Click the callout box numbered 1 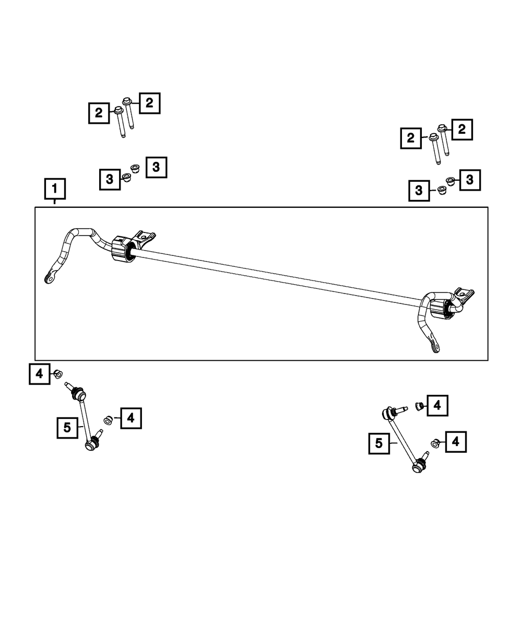point(55,190)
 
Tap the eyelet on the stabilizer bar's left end point(49,278)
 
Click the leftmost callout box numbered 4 point(39,374)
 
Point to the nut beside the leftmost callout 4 point(58,373)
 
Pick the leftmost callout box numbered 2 point(99,112)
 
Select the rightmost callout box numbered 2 point(461,130)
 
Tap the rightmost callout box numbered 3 point(469,180)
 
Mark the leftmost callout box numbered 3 point(110,179)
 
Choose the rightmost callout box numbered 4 point(455,442)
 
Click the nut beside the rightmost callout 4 point(435,443)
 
